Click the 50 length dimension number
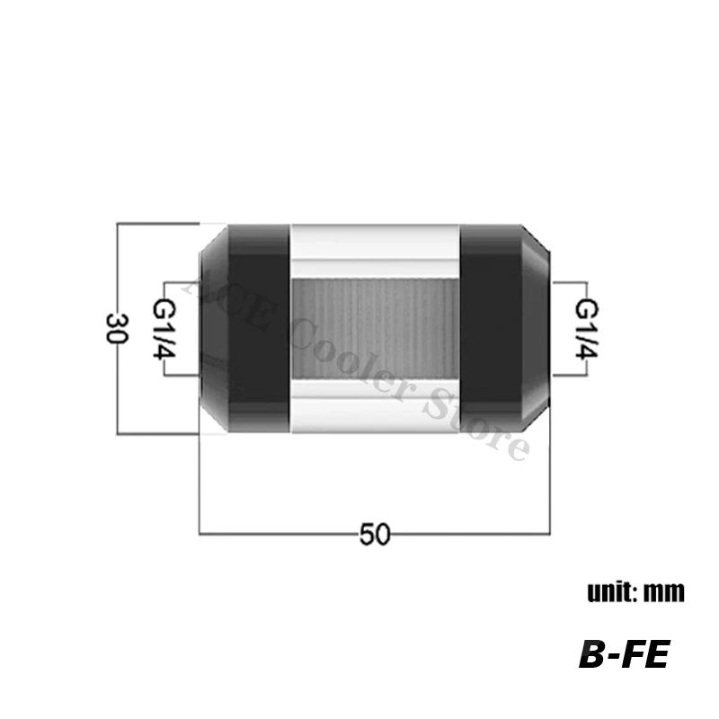pyautogui.click(x=375, y=535)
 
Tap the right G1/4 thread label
pyautogui.click(x=585, y=328)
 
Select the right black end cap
pyautogui.click(x=503, y=328)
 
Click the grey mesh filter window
pyautogui.click(x=376, y=329)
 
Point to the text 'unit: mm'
pyautogui.click(x=635, y=592)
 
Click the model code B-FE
pyautogui.click(x=623, y=653)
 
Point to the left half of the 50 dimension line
pyautogui.click(x=270, y=535)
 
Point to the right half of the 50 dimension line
pyautogui.click(x=476, y=535)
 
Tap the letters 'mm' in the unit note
pyautogui.click(x=664, y=592)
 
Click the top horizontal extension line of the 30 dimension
pyautogui.click(x=157, y=221)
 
